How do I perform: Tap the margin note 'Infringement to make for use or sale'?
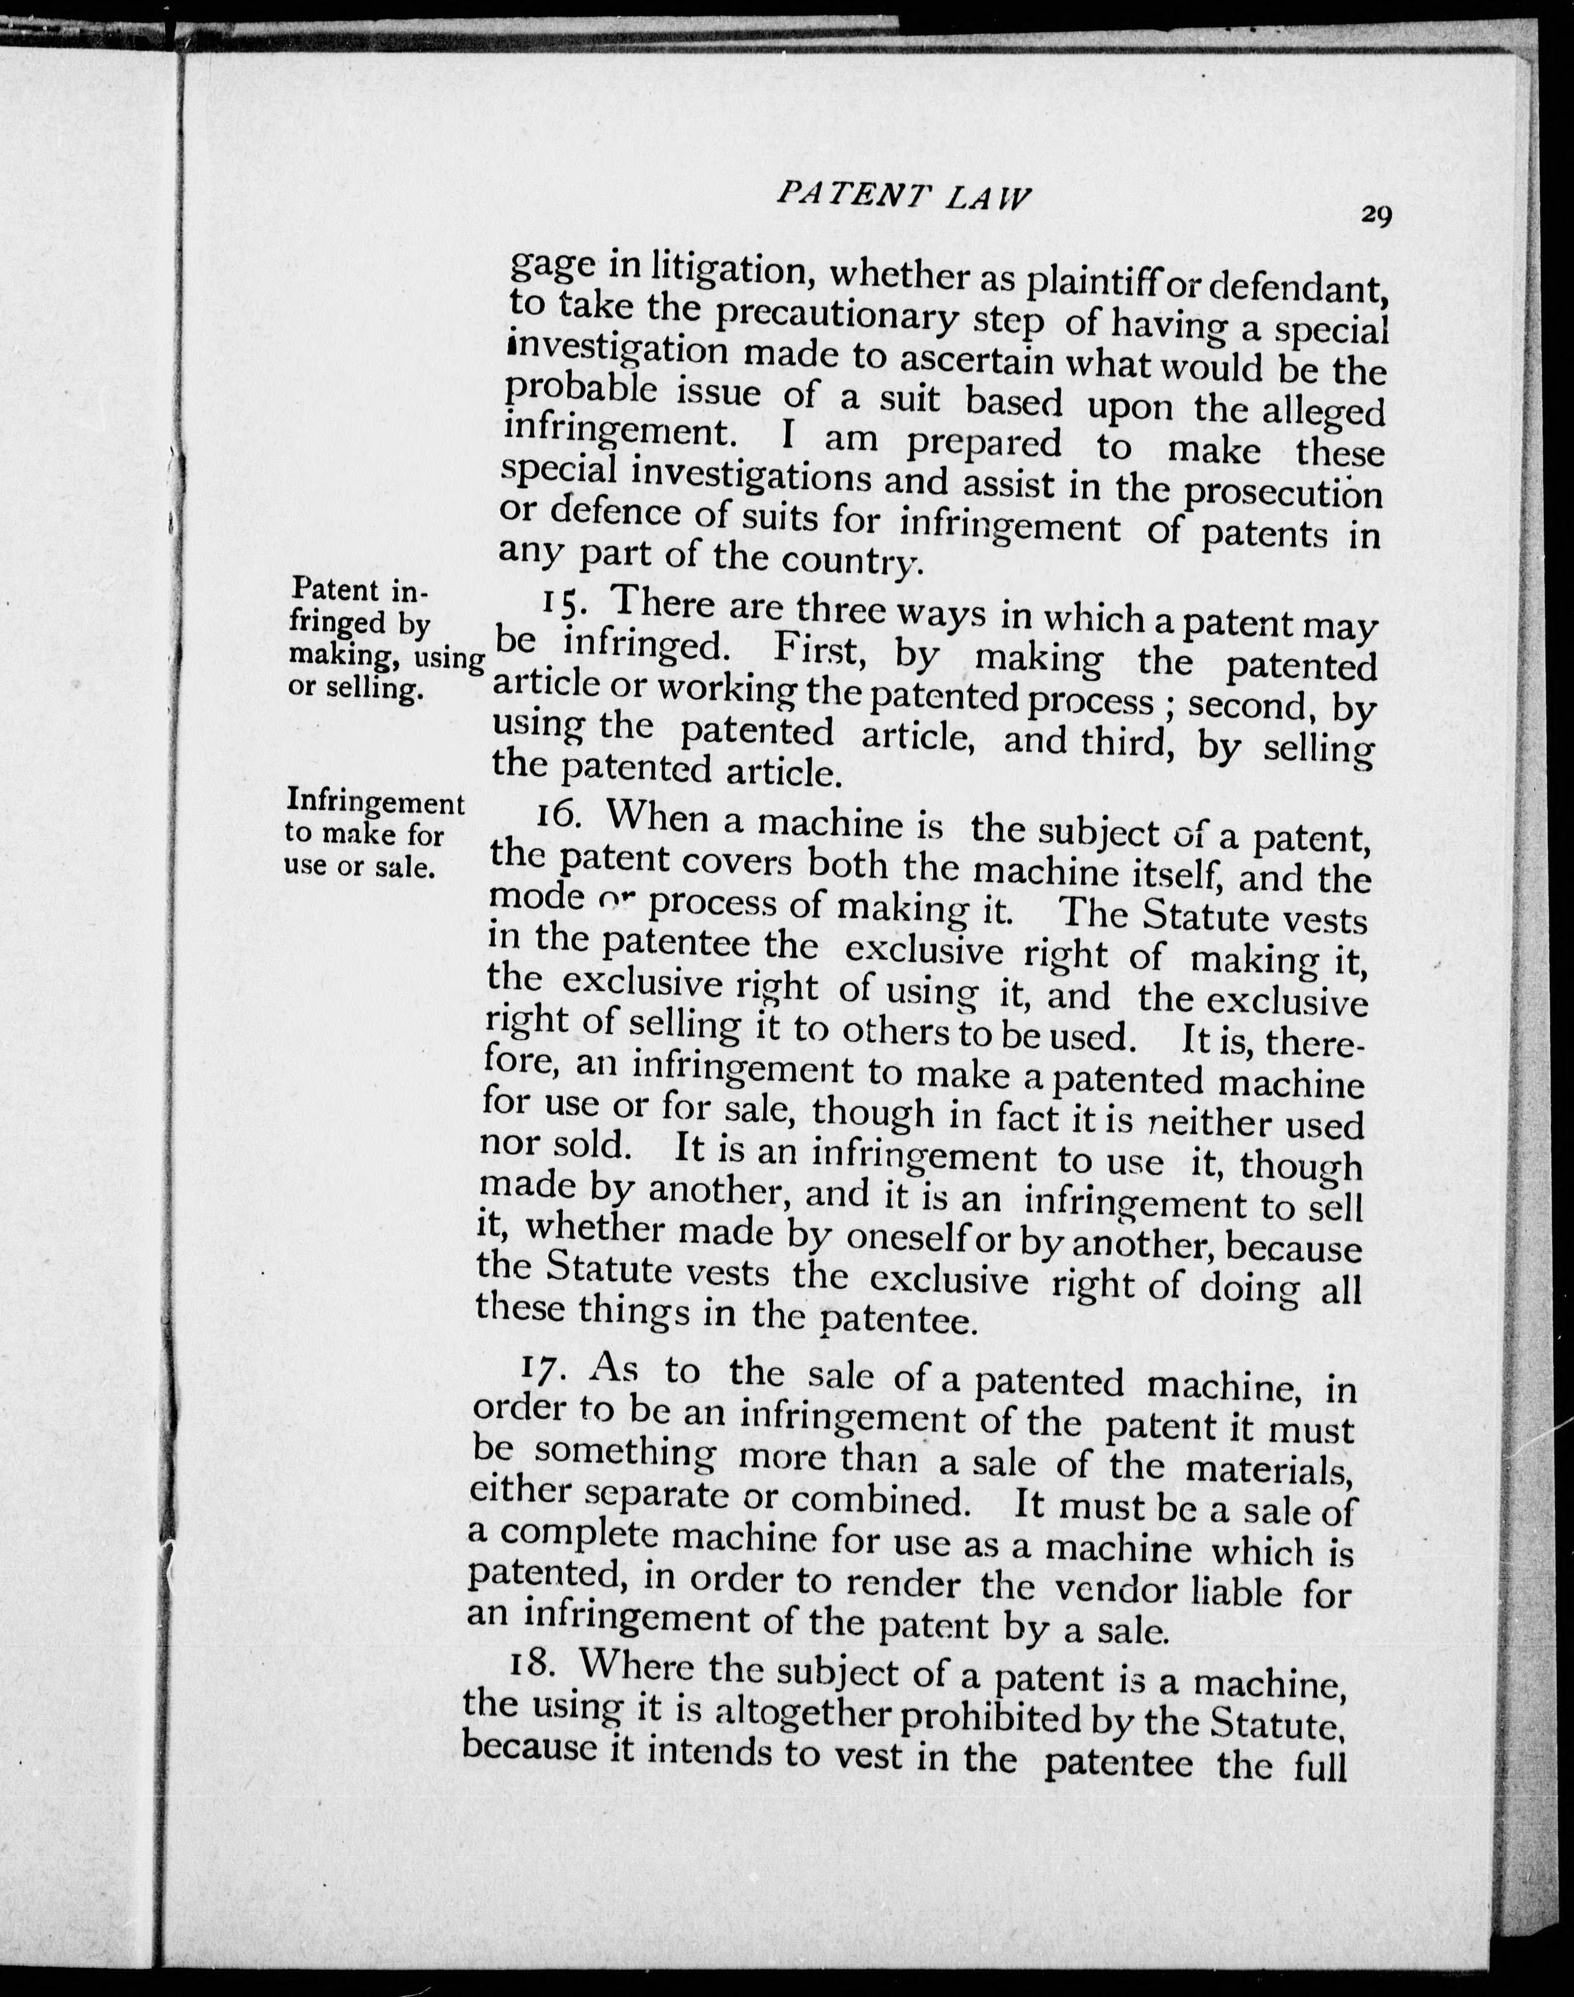[373, 833]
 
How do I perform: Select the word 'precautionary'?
[838, 316]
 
